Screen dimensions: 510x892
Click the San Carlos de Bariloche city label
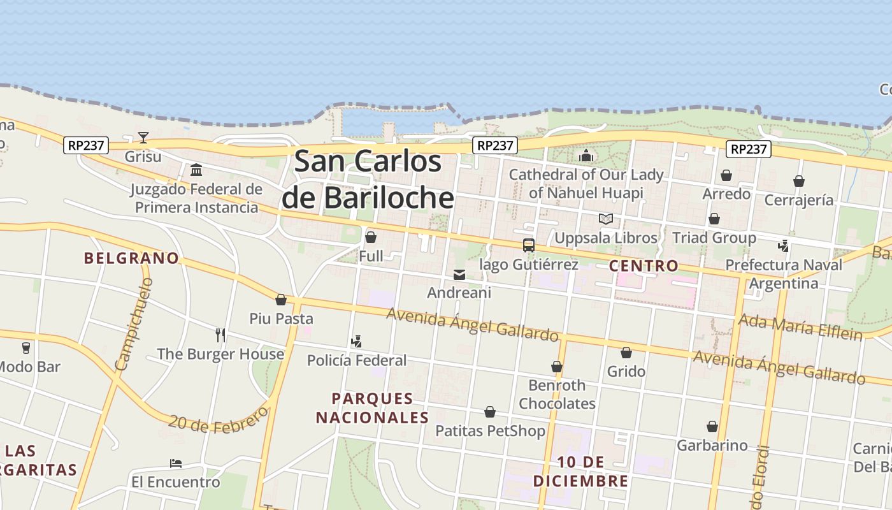pyautogui.click(x=368, y=179)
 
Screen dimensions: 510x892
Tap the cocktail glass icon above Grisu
pyautogui.click(x=143, y=138)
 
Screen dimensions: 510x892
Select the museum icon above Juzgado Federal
pyautogui.click(x=196, y=170)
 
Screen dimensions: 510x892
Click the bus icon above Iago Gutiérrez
pyautogui.click(x=528, y=245)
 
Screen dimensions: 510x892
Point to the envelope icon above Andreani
pyautogui.click(x=459, y=275)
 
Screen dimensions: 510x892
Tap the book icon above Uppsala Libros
pyautogui.click(x=605, y=219)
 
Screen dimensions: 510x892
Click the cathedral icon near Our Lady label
pyautogui.click(x=586, y=156)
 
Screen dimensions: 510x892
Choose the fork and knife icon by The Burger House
pyautogui.click(x=220, y=335)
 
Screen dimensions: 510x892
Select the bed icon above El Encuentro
pyautogui.click(x=176, y=463)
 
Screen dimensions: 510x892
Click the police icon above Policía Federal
pyautogui.click(x=356, y=342)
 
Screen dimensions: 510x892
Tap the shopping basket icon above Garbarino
pyautogui.click(x=712, y=426)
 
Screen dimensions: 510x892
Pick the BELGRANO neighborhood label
pyautogui.click(x=132, y=258)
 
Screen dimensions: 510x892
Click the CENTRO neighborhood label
pyautogui.click(x=644, y=266)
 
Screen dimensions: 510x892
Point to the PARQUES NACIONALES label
pyautogui.click(x=373, y=408)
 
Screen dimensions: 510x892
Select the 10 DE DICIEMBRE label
pyautogui.click(x=580, y=471)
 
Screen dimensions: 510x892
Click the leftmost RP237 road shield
pyautogui.click(x=86, y=145)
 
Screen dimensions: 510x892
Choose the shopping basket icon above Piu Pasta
pyautogui.click(x=280, y=300)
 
